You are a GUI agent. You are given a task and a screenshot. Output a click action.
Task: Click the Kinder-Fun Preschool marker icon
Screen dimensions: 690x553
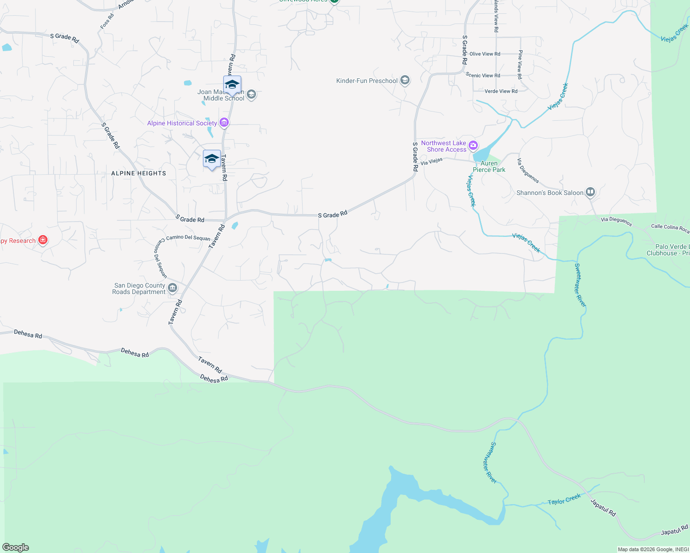tap(405, 81)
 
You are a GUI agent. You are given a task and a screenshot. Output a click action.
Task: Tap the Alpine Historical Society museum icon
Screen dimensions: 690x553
tap(224, 123)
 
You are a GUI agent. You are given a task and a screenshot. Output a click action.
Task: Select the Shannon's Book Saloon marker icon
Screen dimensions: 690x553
tap(590, 192)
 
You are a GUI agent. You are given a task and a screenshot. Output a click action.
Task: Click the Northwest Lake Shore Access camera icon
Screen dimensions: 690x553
tap(473, 146)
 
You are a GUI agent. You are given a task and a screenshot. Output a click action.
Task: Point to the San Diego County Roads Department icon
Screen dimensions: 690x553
tap(172, 288)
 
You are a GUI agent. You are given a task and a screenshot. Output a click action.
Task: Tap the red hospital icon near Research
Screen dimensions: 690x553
tap(43, 240)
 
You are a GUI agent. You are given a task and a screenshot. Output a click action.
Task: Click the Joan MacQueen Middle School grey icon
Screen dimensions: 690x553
tap(251, 95)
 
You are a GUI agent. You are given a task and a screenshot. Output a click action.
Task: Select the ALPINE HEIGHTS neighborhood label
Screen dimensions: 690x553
tap(138, 173)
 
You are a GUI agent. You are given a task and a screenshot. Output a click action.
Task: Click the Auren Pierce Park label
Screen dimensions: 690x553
tap(489, 166)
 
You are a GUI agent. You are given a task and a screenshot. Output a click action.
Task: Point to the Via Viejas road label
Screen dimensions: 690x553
tap(431, 161)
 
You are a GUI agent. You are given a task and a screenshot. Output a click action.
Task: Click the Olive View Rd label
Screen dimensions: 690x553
tap(484, 54)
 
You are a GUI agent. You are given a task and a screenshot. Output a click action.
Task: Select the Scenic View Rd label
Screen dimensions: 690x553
tap(483, 75)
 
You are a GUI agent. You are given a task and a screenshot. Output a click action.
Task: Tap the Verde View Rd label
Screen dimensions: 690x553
tap(501, 91)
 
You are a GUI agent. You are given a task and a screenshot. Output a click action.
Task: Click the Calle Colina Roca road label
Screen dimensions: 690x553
tap(670, 228)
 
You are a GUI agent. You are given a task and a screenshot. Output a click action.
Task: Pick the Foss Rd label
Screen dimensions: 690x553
tap(107, 22)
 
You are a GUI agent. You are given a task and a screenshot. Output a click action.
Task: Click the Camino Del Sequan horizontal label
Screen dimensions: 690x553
tap(188, 238)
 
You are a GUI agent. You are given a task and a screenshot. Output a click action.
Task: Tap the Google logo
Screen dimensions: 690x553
tap(16, 547)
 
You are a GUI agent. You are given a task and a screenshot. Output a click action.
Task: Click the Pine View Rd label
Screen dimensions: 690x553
tap(520, 65)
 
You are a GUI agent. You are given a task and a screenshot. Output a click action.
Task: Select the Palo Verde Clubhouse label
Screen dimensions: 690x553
tap(672, 250)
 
